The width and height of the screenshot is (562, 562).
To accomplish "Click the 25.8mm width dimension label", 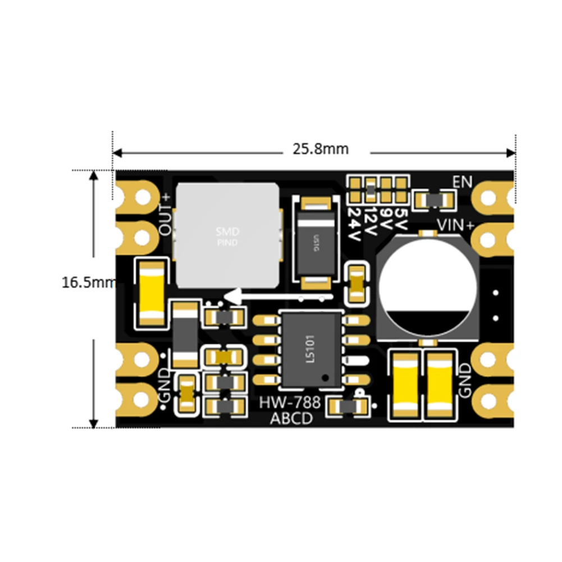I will [x=320, y=149].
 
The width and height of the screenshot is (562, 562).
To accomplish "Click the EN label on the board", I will [x=462, y=182].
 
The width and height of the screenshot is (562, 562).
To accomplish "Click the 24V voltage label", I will [x=355, y=225].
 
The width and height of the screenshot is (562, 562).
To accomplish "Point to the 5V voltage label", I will [x=400, y=215].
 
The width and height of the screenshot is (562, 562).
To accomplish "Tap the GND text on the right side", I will [x=465, y=380].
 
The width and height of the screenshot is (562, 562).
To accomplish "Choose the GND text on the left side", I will [x=165, y=385].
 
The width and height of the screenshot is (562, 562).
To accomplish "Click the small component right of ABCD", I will [x=348, y=405].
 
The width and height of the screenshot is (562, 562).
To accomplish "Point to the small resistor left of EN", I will [x=433, y=199].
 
